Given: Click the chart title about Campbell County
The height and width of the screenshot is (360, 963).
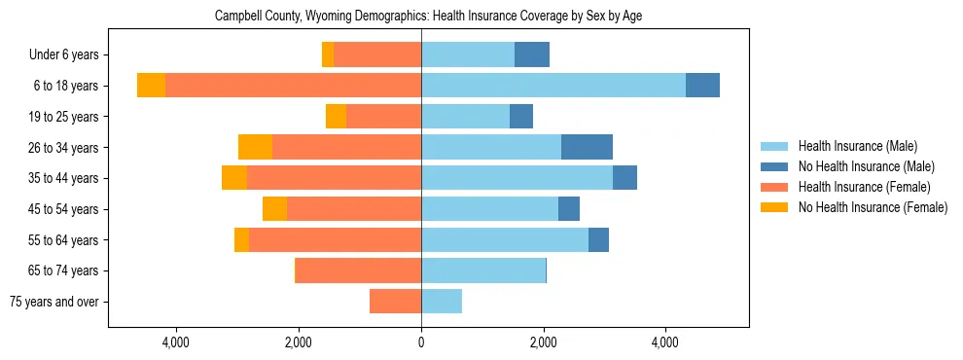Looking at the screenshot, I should tap(427, 16).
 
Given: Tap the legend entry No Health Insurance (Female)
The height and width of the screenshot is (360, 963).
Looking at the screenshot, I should tap(872, 207).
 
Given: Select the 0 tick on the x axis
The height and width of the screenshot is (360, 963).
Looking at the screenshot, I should tap(421, 342).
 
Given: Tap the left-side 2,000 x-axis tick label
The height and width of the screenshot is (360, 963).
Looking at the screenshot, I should tap(299, 342).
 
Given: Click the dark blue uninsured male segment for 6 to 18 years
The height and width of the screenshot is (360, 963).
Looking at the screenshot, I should tap(702, 86).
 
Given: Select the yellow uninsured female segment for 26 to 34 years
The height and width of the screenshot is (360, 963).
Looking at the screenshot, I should tap(255, 147).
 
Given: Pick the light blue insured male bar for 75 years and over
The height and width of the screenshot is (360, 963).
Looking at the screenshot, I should tap(442, 302).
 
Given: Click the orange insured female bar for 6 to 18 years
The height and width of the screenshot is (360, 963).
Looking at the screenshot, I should tap(293, 86).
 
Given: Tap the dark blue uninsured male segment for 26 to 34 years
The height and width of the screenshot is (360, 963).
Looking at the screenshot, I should tap(587, 147).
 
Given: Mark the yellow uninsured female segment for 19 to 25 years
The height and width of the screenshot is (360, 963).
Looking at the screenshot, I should tap(336, 117).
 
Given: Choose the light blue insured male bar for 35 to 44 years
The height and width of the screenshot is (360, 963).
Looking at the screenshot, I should tap(517, 178).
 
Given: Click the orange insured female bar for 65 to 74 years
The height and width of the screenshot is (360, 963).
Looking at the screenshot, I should tap(358, 270).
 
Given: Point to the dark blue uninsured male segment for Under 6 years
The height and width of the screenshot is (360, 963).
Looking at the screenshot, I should tap(532, 55).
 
